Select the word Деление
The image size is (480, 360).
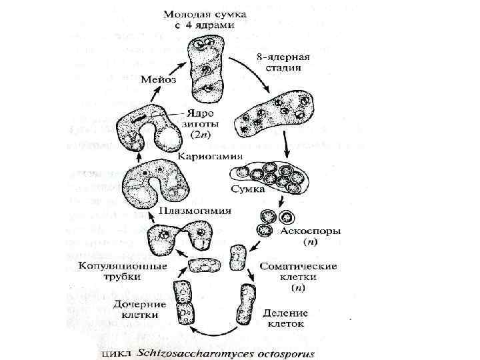pos(285,312)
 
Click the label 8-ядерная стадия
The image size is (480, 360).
pos(279,62)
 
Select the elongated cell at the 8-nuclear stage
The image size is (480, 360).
pos(275,111)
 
